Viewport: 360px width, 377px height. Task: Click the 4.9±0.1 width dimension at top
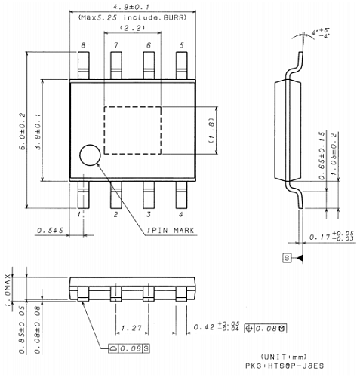point(131,6)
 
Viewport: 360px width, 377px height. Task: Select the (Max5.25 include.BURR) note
point(131,17)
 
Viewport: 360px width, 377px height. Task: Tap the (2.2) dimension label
point(131,29)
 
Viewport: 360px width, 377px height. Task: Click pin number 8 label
point(83,46)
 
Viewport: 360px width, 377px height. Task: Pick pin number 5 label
point(180,46)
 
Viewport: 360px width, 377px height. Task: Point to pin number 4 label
point(180,215)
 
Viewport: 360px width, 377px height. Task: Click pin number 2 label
point(115,215)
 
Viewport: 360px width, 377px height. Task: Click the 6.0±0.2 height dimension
point(20,130)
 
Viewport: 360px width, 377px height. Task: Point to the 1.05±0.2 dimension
point(334,155)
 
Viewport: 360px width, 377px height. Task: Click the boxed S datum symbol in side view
point(286,258)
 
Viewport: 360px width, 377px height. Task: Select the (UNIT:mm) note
point(285,356)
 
